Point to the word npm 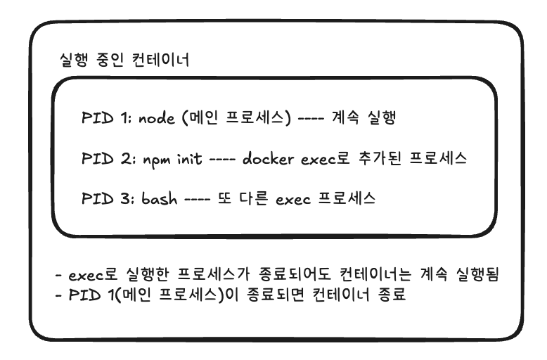point(154,160)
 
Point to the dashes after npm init point(222,160)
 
